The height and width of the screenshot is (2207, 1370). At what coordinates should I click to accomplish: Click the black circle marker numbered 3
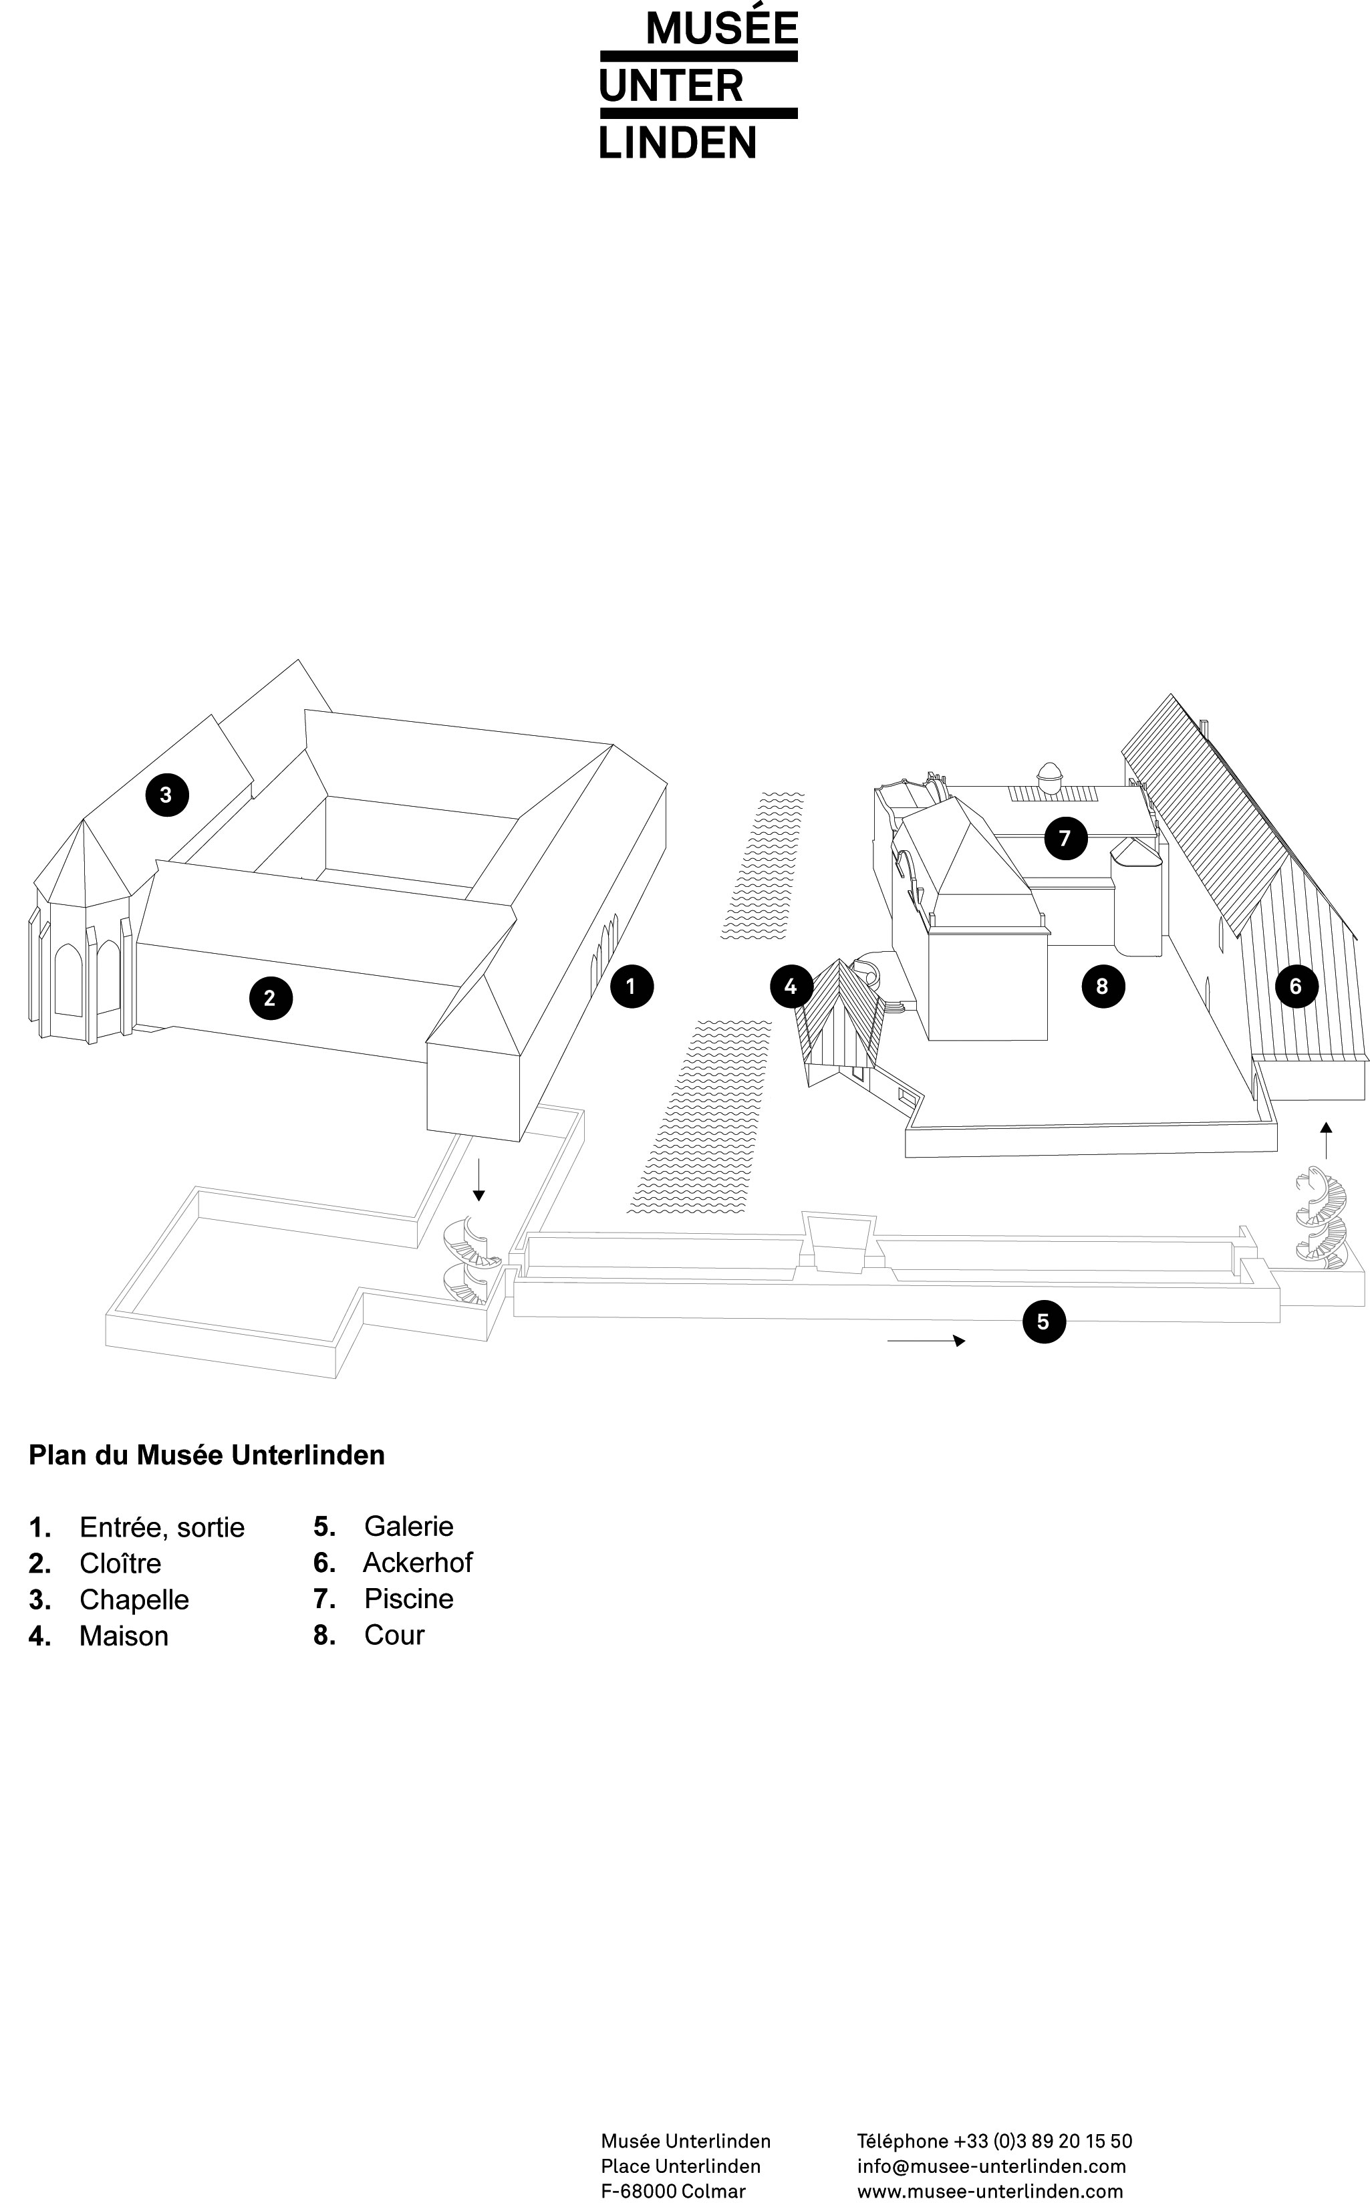(x=166, y=795)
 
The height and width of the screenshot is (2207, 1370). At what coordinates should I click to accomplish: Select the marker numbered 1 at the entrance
(x=632, y=986)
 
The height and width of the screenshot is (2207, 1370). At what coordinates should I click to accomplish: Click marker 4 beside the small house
(x=791, y=986)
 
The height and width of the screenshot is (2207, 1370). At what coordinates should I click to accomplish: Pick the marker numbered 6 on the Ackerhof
(x=1296, y=986)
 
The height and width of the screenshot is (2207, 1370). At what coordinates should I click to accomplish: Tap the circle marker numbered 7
(x=1065, y=838)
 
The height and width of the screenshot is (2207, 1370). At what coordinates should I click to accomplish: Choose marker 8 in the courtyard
(x=1103, y=986)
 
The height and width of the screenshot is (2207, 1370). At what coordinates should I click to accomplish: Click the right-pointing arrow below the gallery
(x=926, y=1341)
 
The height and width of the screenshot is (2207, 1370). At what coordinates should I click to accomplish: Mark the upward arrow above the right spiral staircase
(x=1326, y=1140)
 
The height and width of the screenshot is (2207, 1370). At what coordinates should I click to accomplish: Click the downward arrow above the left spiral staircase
(x=479, y=1180)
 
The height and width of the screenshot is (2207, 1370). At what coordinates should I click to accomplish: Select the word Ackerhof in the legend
(x=418, y=1562)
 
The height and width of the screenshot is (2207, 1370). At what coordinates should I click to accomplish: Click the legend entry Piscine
(x=408, y=1598)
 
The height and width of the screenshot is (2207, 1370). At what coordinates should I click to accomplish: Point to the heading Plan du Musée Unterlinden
(x=207, y=1455)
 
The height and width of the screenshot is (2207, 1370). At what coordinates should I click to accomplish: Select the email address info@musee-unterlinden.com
(x=991, y=2166)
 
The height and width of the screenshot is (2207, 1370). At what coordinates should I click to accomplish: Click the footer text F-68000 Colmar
(x=673, y=2191)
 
